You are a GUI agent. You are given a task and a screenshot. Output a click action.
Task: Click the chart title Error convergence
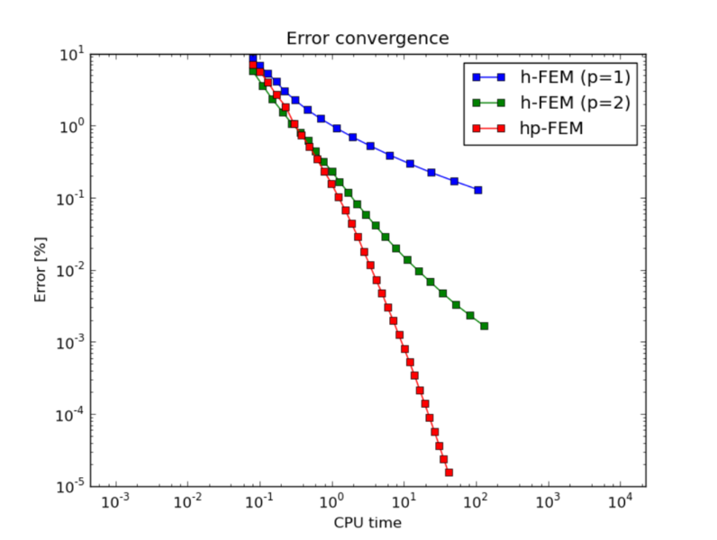click(x=368, y=39)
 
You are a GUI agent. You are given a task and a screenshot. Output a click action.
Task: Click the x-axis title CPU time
click(x=368, y=523)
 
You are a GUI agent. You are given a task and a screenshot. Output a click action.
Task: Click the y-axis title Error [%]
click(x=41, y=270)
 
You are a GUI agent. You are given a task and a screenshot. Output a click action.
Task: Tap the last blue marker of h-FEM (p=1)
click(x=477, y=190)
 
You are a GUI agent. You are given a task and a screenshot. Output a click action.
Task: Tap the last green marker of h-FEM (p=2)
click(x=485, y=326)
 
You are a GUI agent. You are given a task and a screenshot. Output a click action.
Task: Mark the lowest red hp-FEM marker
click(x=449, y=472)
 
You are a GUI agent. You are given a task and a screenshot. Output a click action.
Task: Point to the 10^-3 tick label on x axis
click(x=115, y=500)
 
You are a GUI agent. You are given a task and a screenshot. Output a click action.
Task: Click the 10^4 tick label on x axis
click(x=620, y=500)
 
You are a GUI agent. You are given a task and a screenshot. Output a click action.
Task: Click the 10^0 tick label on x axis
click(x=331, y=500)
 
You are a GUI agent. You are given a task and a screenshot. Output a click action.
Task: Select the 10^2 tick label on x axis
click(x=476, y=500)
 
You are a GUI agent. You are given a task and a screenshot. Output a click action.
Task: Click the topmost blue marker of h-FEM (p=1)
click(x=253, y=58)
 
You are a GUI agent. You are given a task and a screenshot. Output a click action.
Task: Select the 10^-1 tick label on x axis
click(x=259, y=500)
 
